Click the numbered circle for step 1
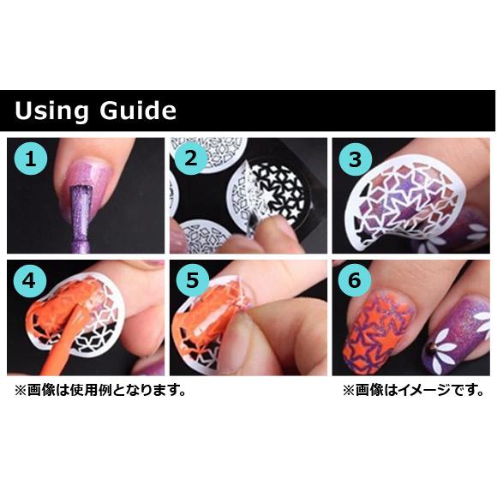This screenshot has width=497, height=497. [31, 159]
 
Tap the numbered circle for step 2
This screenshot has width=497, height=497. [193, 159]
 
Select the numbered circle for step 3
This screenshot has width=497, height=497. [355, 159]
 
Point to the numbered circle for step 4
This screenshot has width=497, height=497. [31, 281]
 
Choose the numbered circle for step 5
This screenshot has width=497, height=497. [193, 281]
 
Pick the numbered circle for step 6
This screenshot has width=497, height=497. [355, 281]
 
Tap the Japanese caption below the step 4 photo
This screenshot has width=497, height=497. [99, 390]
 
